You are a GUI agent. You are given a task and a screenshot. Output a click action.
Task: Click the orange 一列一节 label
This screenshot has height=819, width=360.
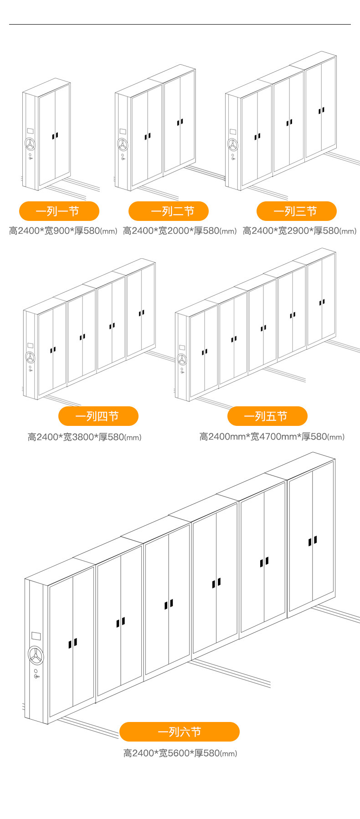[59, 211]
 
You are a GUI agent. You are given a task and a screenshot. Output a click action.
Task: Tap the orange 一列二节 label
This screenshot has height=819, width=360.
[169, 211]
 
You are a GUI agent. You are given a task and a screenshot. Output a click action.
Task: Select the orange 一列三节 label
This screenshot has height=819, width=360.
[296, 211]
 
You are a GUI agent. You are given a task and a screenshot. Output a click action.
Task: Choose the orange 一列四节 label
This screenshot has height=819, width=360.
[98, 416]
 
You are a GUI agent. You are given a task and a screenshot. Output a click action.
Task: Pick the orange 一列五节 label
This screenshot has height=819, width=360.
[267, 416]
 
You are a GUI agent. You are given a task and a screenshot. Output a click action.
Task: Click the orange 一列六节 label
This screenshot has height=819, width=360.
[179, 732]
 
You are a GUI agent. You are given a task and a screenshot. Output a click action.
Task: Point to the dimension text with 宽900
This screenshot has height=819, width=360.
[63, 231]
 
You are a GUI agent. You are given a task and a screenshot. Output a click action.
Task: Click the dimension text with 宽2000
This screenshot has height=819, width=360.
[180, 231]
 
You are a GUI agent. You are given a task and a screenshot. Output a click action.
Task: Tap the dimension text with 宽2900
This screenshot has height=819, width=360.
[299, 231]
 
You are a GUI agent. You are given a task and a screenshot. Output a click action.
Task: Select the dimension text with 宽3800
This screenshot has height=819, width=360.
[84, 437]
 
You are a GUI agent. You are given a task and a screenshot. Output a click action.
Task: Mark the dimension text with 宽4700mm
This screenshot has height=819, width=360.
[272, 437]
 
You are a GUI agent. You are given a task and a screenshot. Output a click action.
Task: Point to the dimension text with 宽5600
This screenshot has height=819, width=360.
[180, 753]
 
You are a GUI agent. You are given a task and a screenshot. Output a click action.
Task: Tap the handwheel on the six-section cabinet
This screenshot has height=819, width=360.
[36, 655]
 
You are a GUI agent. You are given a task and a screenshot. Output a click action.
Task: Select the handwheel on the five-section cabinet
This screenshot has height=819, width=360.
[182, 360]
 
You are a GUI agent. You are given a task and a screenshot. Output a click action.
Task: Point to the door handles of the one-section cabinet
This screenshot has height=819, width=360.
[55, 136]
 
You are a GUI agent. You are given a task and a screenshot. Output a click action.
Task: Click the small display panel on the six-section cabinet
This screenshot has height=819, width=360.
[36, 636]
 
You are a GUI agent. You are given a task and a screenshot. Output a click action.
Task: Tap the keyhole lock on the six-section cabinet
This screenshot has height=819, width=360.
[36, 676]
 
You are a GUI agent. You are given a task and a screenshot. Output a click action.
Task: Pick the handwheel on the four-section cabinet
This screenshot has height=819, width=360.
[30, 357]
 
